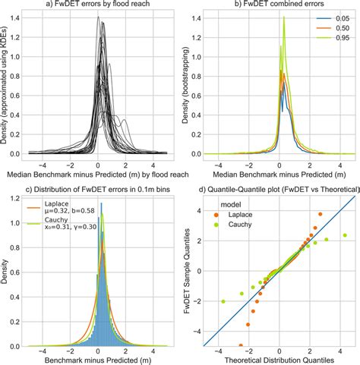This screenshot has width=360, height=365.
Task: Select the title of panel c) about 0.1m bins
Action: [95, 189]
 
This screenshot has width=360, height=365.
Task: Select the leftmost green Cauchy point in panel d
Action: [223, 301]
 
